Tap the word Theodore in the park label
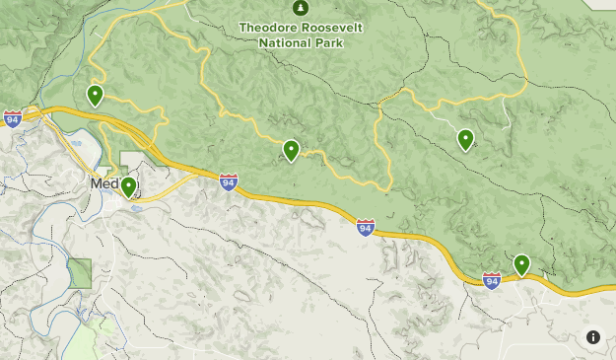point(271,27)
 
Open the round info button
point(592,337)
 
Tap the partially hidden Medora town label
point(103,183)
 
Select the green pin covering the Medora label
point(128,186)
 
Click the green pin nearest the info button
point(521,263)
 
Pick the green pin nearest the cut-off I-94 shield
point(95,95)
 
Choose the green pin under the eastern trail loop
point(465,139)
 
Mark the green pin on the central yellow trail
point(291,150)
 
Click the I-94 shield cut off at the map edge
point(10,115)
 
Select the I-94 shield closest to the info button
point(492,280)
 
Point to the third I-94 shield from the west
point(366,228)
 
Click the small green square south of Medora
point(80,272)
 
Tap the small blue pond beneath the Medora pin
point(135,208)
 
